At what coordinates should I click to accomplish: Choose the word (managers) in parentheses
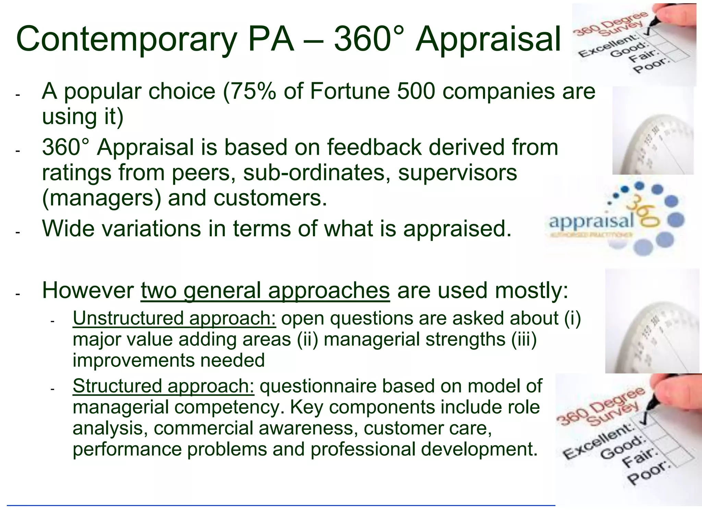click(x=101, y=198)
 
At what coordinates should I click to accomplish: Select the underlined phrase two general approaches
click(x=265, y=290)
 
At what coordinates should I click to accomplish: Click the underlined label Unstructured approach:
click(x=174, y=318)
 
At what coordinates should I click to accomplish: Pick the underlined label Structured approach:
click(x=163, y=386)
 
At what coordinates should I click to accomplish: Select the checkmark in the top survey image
click(x=648, y=33)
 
